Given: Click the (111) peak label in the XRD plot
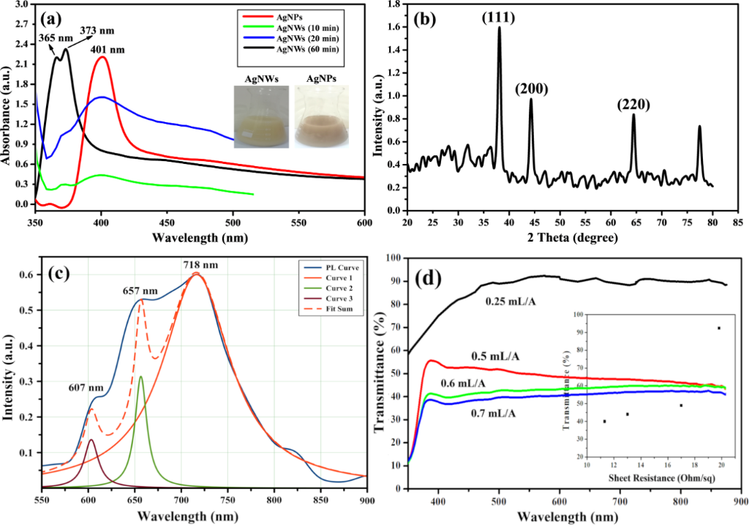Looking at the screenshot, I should pos(500,16).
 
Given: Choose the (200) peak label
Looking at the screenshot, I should pos(531,89).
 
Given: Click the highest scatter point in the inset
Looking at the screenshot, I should pos(719,328).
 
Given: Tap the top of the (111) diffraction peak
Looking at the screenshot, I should pos(500,28).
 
